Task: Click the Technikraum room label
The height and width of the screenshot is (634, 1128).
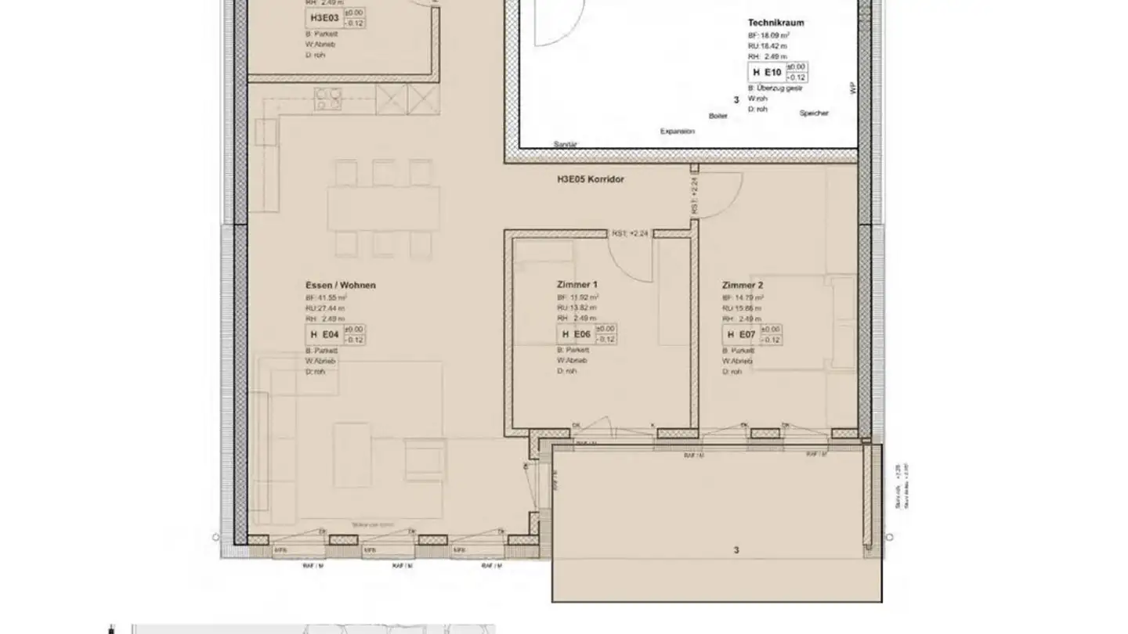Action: point(775,23)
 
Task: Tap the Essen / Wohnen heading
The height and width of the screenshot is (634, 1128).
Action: point(340,286)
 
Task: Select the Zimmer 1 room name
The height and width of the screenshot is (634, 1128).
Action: point(577,285)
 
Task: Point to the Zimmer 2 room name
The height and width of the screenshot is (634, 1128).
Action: point(742,286)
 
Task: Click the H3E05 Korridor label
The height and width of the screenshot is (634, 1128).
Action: point(590,179)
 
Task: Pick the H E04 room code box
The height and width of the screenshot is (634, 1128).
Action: point(324,335)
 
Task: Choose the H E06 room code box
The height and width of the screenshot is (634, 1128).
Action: point(576,335)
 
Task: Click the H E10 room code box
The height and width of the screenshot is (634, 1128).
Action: point(767,73)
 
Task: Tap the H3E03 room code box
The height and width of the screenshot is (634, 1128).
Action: point(324,17)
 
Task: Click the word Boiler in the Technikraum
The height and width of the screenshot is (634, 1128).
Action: point(718,116)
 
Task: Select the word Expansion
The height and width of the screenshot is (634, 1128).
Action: point(677,131)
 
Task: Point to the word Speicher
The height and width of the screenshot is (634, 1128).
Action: point(813,113)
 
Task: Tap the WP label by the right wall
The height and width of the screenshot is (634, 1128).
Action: point(853,88)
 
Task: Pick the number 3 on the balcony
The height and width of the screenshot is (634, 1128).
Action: point(736,550)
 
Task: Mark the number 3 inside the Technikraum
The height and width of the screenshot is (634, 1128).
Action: point(736,100)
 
